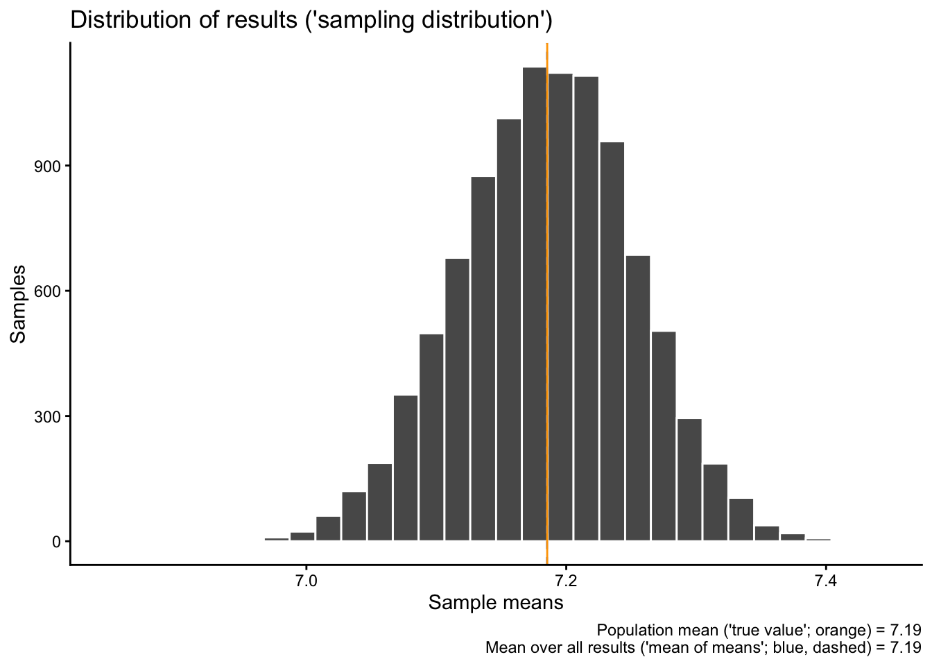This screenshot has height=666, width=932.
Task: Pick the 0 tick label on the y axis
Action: [56, 541]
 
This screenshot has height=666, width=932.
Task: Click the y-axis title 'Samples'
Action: [19, 304]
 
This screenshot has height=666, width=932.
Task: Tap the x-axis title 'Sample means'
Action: [496, 603]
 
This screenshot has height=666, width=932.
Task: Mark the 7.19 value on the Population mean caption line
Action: [906, 631]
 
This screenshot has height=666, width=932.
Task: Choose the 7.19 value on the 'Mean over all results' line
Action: [906, 648]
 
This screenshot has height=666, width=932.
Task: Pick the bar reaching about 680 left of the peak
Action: [457, 400]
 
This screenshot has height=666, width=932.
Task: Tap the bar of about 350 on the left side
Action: [406, 468]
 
